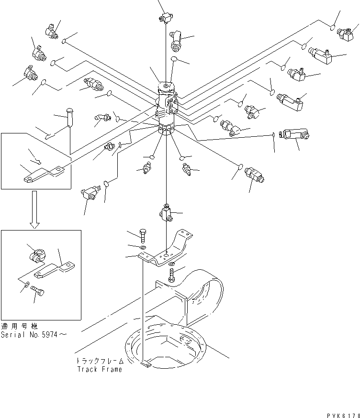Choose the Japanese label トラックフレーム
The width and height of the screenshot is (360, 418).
(x=99, y=362)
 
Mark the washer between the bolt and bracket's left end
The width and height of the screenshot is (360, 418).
(x=144, y=247)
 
